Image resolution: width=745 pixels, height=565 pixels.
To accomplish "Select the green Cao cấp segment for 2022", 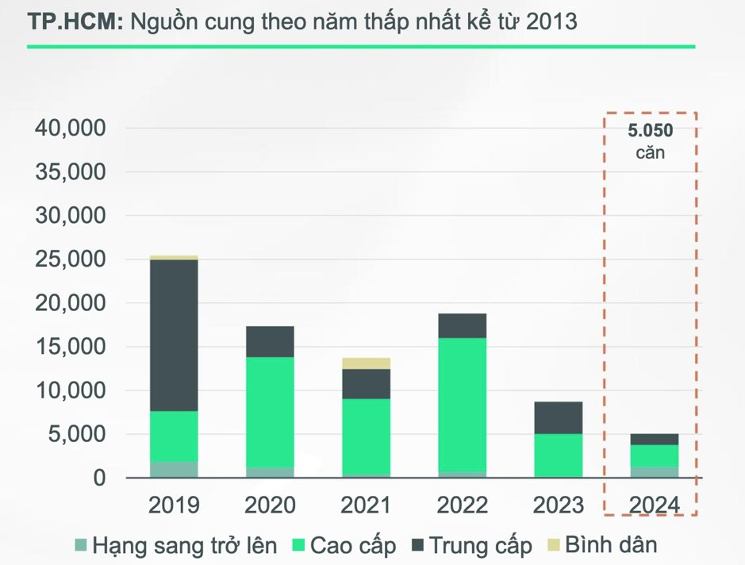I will tap(462, 405).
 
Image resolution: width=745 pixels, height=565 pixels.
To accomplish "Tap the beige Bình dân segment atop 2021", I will tap(366, 363).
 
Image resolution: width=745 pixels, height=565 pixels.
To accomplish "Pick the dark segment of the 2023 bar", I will tap(558, 417).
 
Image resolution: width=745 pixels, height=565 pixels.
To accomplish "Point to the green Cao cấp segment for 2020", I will tap(270, 412).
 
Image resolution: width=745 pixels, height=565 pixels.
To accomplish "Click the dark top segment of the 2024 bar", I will tap(654, 439).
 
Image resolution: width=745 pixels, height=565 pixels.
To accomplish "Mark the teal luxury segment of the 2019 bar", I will tap(174, 469).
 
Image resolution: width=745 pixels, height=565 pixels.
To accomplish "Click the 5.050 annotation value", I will tap(651, 131).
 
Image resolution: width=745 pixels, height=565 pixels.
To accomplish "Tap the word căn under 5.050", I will tap(651, 152).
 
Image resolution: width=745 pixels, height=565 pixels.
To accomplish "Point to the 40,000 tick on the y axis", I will tap(71, 128).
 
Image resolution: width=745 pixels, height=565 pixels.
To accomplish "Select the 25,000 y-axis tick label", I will tap(71, 259).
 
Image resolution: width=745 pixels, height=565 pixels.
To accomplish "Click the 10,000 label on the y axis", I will tap(71, 390).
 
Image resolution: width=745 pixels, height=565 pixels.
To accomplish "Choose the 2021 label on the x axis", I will tap(366, 505).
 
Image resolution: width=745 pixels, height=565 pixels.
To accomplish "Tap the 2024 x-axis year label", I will tap(654, 505).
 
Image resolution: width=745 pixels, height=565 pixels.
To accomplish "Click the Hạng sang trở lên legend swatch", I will tap(80, 546).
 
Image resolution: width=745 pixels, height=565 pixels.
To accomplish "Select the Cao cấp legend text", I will tap(353, 546).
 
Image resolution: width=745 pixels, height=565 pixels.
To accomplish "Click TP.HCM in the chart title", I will tap(74, 23).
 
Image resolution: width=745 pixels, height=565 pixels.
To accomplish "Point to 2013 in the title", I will tap(550, 23).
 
